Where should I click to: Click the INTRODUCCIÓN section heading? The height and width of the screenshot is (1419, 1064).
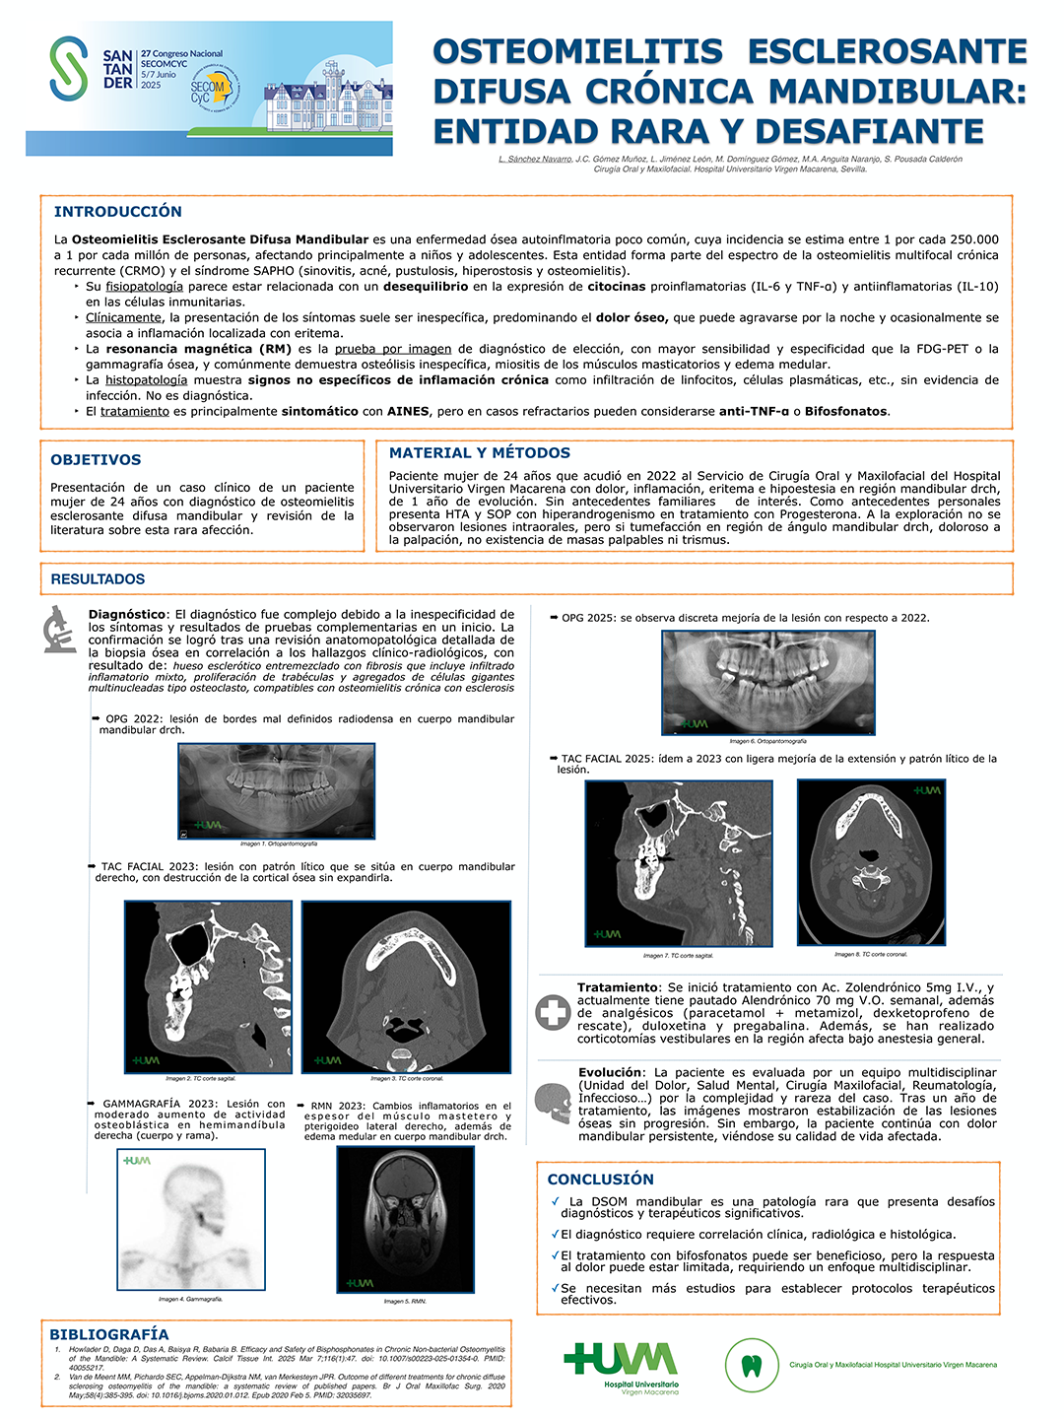[x=118, y=212]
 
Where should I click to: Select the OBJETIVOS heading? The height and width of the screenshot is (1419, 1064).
[x=96, y=460]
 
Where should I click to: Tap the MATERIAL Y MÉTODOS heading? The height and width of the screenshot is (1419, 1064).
[x=480, y=453]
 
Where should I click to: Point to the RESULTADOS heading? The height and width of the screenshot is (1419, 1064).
[x=98, y=579]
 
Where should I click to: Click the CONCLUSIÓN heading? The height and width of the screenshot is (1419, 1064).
[x=600, y=1180]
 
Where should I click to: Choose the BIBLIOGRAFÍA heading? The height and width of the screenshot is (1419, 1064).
[x=109, y=1334]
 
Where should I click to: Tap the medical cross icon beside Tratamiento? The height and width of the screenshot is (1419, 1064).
[x=553, y=1012]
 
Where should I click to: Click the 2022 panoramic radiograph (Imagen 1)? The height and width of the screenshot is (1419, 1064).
[x=277, y=790]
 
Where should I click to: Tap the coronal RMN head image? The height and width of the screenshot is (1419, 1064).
[x=405, y=1219]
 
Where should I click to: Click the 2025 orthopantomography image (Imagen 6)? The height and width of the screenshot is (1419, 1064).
[x=768, y=682]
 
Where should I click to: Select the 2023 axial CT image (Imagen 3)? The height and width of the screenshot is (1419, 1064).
[x=406, y=986]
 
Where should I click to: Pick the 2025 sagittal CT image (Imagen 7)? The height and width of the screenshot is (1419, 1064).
[x=679, y=863]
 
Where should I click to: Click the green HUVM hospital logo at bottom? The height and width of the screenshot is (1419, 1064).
[x=622, y=1366]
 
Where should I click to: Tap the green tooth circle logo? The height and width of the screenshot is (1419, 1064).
[x=752, y=1365]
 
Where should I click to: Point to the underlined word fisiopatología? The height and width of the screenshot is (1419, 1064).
[x=144, y=287]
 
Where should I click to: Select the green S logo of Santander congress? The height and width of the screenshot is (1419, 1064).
[x=69, y=68]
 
